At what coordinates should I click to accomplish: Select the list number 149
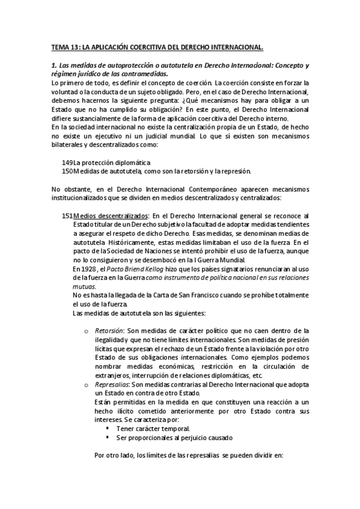[67, 163]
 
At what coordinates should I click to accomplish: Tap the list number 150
[67, 172]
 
